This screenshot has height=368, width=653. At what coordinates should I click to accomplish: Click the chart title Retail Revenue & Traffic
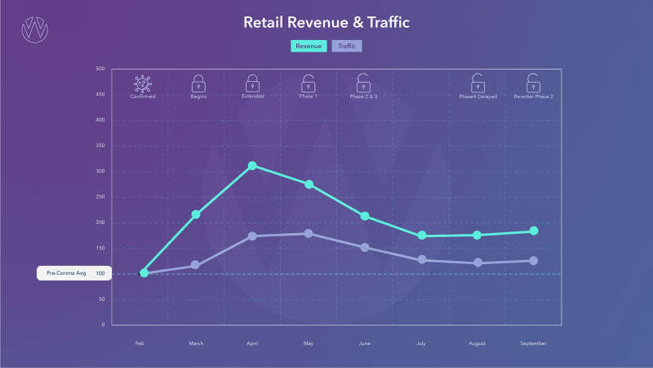click(326, 22)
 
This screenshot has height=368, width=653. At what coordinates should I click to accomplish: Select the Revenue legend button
click(308, 46)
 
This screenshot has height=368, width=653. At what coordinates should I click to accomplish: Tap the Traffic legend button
click(346, 46)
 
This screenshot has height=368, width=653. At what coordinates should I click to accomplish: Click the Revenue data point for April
click(252, 166)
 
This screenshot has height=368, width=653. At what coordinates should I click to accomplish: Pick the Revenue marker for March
click(196, 214)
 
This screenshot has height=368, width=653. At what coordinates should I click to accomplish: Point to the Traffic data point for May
click(309, 234)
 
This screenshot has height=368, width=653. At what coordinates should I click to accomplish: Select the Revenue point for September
click(533, 231)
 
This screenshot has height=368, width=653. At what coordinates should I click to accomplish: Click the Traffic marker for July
click(421, 260)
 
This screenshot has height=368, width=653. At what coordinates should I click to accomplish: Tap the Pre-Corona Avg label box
click(73, 273)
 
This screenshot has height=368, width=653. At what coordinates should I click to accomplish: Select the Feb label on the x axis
click(140, 343)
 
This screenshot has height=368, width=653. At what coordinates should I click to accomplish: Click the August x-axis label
click(478, 343)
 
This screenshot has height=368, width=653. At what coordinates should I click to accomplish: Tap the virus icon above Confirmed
click(143, 83)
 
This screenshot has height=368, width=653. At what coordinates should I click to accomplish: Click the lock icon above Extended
click(252, 83)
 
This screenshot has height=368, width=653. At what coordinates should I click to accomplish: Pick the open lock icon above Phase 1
click(309, 83)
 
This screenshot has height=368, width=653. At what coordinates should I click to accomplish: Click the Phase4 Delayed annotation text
click(478, 96)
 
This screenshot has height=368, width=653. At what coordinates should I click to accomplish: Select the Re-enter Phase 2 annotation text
click(533, 96)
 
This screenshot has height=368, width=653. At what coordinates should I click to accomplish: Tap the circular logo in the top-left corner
click(34, 29)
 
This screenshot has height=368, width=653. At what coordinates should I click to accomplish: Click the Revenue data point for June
click(365, 217)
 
